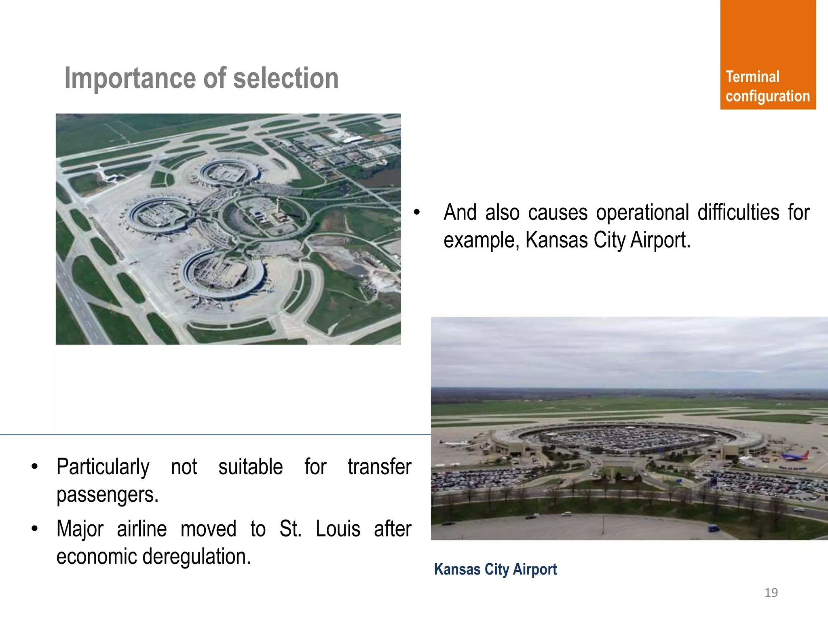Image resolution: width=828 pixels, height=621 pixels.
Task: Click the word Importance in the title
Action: [x=131, y=78]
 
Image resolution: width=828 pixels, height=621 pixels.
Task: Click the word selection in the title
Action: [x=286, y=78]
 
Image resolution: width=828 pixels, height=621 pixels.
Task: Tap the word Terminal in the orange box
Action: [x=752, y=77]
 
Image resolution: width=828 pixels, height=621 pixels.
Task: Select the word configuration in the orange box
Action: [x=767, y=96]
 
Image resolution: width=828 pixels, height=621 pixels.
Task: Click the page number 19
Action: [x=771, y=593]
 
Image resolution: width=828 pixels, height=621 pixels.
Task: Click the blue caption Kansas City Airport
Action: [x=495, y=569]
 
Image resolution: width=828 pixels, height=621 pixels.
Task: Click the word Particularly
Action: [x=103, y=467]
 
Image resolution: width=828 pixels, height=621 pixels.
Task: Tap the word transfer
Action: [x=379, y=467]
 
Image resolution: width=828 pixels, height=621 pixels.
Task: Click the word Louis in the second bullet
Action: [x=338, y=529]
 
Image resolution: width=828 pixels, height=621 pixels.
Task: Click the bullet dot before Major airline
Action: [x=35, y=529]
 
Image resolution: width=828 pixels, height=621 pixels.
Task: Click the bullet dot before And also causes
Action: [x=417, y=212]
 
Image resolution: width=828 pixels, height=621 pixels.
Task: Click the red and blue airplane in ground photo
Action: [x=794, y=456]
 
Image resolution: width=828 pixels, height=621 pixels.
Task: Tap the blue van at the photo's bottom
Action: [x=713, y=528]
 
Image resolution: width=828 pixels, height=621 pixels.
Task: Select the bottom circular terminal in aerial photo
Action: [x=222, y=275]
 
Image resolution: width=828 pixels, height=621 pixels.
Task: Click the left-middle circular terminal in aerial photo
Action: [x=161, y=215]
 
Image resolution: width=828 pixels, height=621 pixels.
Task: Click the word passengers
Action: [x=107, y=494]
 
